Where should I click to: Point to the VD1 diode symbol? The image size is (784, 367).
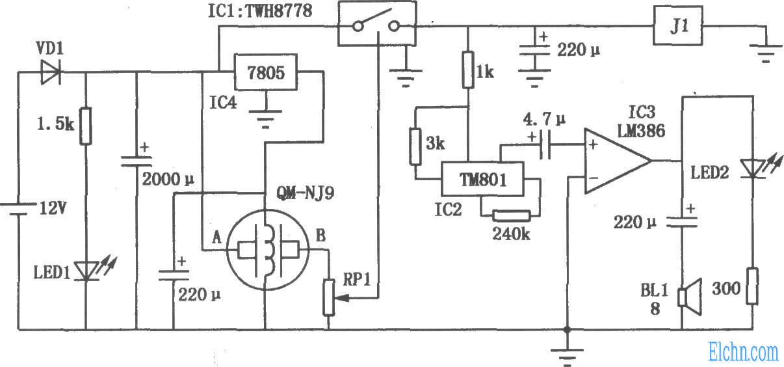[x=49, y=72]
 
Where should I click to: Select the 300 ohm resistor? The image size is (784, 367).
[x=753, y=286]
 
